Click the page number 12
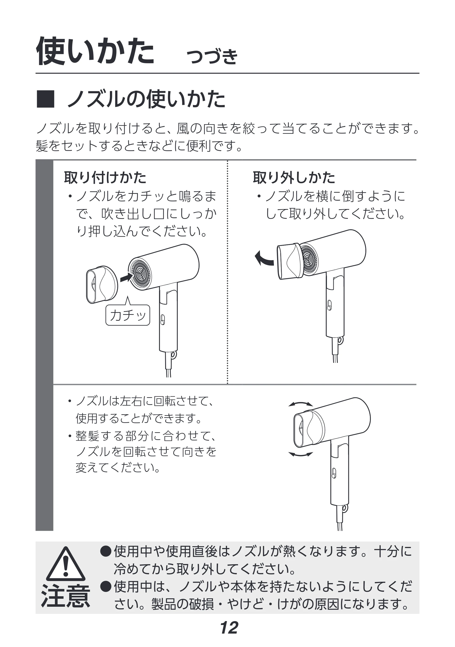tap(229, 628)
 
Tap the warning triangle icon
tap(66, 564)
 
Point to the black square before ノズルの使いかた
tap(45, 99)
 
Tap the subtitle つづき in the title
tap(212, 56)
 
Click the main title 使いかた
tap(95, 51)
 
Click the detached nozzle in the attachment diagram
tap(102, 284)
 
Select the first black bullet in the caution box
tap(106, 551)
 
